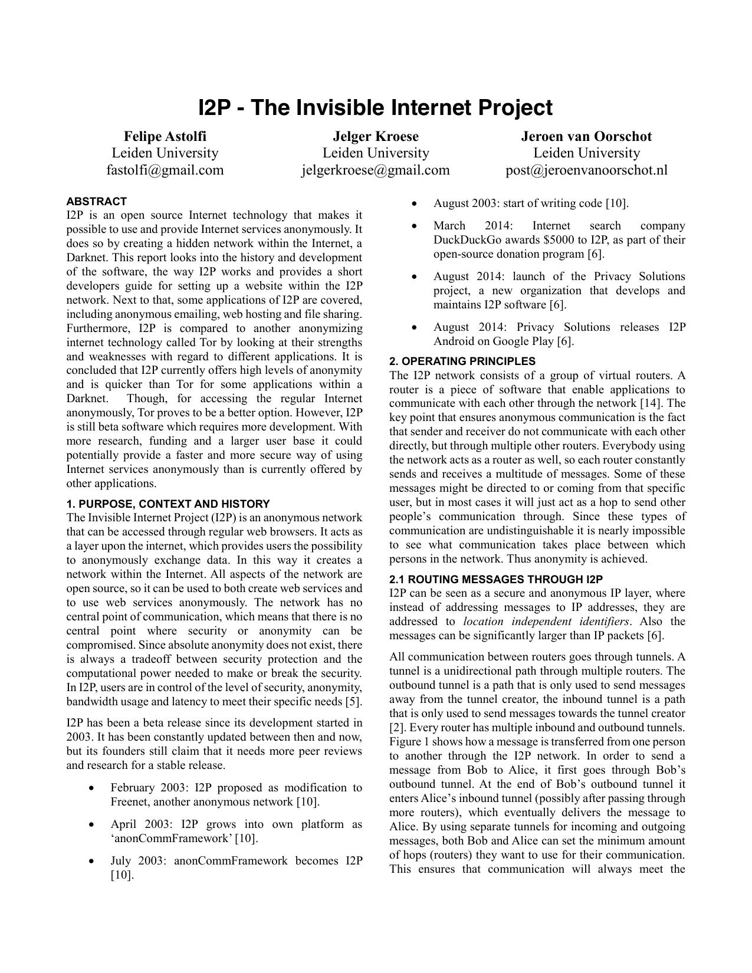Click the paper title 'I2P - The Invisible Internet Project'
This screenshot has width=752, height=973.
point(375,108)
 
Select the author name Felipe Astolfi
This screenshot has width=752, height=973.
point(165,136)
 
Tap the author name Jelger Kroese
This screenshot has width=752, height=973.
point(376,136)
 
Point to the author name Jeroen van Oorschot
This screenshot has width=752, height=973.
point(586,136)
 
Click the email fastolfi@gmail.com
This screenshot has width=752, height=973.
point(165,170)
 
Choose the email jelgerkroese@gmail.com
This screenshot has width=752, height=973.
point(376,170)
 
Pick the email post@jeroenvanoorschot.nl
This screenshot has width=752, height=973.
point(586,170)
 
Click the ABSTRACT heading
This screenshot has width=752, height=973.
point(96,201)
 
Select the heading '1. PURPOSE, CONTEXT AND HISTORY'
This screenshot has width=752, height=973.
point(168,504)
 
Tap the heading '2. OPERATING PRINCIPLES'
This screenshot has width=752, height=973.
point(462,361)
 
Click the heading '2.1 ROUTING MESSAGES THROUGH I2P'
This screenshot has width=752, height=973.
point(496,580)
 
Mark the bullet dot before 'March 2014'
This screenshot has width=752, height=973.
point(415,226)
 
